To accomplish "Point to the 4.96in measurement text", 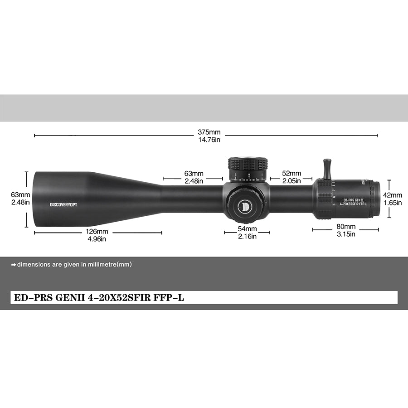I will pos(98,239).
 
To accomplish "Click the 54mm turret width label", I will pos(247,228).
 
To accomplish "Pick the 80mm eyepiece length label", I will pos(346,226).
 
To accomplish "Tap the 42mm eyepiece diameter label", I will pos(393,195).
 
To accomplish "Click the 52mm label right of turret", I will pos(291,174).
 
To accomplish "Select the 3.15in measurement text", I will pos(346,234).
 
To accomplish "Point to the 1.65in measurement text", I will pos(393,203).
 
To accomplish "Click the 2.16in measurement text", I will pos(247,236).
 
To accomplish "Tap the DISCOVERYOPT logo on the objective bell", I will pos(63,204).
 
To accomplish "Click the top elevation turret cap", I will pos(248,163).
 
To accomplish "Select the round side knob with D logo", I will pos(244,205).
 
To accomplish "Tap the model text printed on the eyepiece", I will pos(355,202).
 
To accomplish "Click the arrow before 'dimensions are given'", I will pos(14,264).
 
